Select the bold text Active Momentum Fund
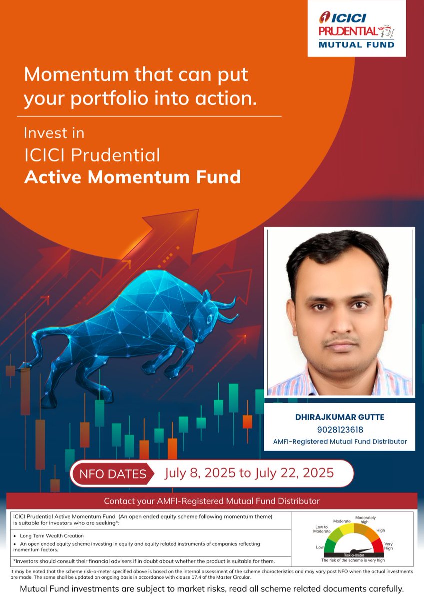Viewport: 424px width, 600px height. point(132,176)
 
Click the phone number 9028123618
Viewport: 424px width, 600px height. point(340,429)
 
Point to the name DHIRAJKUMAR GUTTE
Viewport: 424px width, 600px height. point(340,417)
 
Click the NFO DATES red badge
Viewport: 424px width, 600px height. point(113,473)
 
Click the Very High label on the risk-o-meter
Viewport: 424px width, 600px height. point(388,546)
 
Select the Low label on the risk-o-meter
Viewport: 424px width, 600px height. point(319,548)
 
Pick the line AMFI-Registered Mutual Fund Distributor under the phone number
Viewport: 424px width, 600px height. point(340,441)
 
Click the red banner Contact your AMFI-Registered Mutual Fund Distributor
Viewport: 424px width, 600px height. point(212,501)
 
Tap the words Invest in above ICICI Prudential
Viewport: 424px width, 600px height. point(54,133)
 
